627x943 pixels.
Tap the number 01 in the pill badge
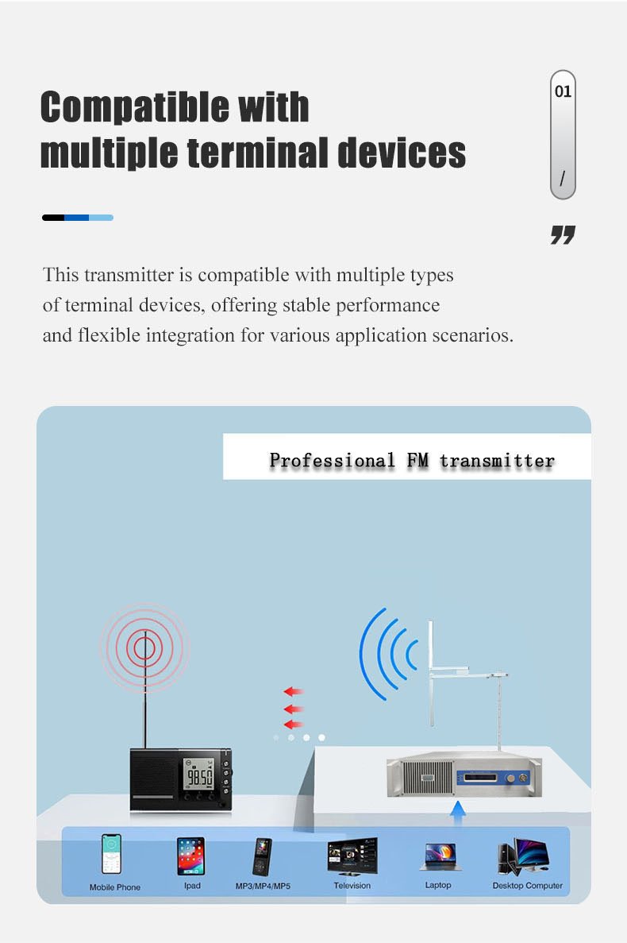click(563, 91)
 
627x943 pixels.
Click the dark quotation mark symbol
click(563, 234)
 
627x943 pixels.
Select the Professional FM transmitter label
click(412, 460)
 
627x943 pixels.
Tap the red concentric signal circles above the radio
click(144, 648)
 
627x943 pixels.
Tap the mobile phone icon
click(112, 854)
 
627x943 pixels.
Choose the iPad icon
click(191, 856)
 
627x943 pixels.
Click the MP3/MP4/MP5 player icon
click(263, 856)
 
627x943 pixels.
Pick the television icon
click(352, 856)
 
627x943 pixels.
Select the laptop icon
click(438, 857)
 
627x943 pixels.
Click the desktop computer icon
click(525, 856)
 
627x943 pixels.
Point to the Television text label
click(352, 885)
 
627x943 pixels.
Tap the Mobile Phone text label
click(114, 887)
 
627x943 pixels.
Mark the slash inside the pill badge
click(562, 179)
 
